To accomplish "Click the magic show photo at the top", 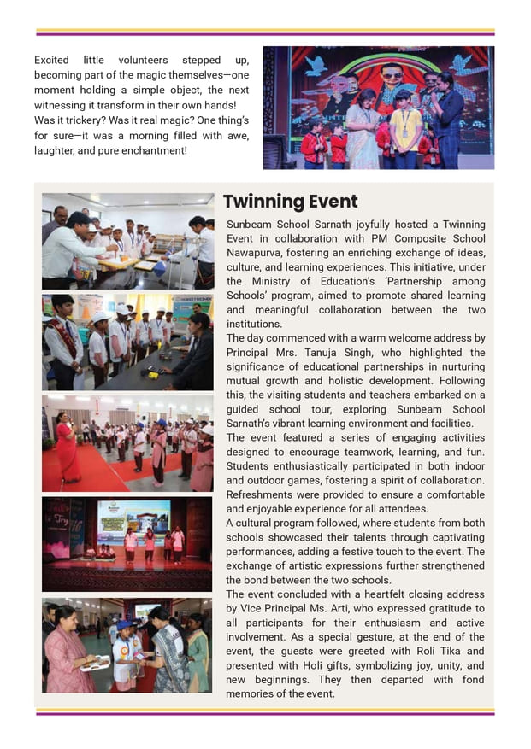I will coord(378,108).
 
